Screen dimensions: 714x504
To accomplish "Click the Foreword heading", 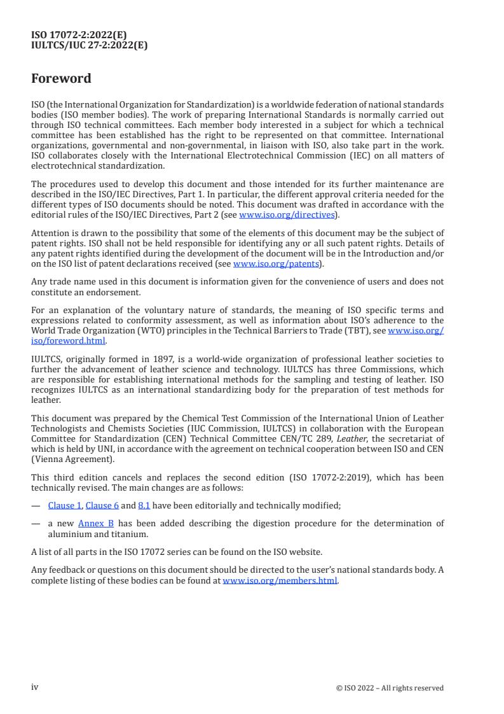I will click(x=61, y=79).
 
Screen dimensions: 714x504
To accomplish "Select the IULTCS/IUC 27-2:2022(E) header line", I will click(x=89, y=45).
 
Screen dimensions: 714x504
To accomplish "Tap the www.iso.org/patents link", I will click(x=277, y=263).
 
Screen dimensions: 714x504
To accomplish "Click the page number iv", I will click(x=36, y=687).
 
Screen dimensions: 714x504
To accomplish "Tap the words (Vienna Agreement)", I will click(x=73, y=459).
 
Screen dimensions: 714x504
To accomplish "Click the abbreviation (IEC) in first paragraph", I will click(x=355, y=156).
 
